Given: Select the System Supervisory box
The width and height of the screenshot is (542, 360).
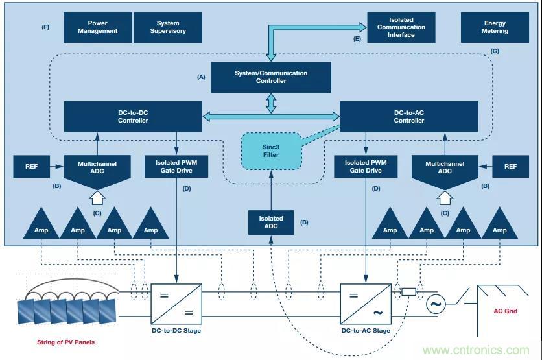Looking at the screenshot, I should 167,27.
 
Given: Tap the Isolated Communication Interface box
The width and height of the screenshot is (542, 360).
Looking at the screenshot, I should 401,27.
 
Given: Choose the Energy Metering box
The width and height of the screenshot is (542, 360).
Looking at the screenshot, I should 494,27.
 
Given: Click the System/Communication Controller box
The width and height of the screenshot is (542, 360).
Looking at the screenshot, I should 271,77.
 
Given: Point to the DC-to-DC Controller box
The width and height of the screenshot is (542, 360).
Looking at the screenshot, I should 133,116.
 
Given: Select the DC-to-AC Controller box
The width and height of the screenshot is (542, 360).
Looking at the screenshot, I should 408,116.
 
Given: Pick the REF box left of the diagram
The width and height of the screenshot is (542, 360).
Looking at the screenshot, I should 32,166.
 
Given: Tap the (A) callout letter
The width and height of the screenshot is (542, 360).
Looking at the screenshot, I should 201,77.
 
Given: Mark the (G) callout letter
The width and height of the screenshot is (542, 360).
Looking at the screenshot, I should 495,51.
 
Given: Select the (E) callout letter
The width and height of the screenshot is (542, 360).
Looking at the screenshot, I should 357,39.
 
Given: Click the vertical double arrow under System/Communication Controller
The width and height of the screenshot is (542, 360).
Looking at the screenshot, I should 271,102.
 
